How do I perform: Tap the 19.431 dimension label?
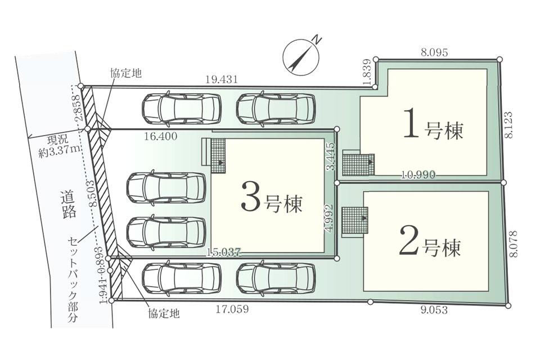[220, 80]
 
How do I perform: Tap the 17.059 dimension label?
[233, 309]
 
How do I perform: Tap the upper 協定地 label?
[125, 73]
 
